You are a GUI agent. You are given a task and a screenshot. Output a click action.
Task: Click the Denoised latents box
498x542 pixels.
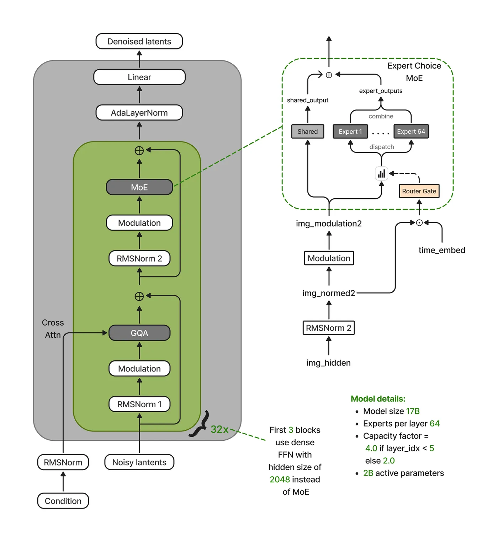click(139, 41)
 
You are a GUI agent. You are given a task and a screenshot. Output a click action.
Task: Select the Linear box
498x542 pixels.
click(139, 77)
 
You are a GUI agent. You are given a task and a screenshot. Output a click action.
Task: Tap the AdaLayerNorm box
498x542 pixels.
click(139, 113)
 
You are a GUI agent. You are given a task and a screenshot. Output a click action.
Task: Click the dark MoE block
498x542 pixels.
click(139, 187)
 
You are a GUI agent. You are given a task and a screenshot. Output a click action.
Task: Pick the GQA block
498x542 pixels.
click(139, 333)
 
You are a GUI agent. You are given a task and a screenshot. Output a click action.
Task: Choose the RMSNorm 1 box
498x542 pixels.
click(139, 404)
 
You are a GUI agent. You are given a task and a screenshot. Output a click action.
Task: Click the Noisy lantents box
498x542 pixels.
click(139, 462)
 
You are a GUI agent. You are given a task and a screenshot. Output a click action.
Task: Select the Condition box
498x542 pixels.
click(63, 501)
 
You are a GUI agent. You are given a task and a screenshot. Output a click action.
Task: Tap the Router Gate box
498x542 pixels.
click(419, 191)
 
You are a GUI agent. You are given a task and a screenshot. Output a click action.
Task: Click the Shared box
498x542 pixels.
click(308, 132)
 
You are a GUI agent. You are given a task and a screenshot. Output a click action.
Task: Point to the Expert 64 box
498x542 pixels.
click(411, 132)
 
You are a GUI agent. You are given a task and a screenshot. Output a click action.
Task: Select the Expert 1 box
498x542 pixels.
click(350, 132)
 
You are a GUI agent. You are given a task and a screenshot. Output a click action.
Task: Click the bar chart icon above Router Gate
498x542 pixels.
click(382, 174)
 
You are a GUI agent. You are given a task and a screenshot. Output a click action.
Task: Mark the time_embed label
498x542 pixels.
click(442, 250)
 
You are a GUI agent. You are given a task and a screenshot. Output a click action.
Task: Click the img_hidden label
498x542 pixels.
click(329, 363)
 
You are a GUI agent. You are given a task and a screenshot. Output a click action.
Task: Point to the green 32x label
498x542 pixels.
click(219, 429)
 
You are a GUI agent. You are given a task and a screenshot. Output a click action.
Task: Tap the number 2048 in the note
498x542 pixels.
click(280, 479)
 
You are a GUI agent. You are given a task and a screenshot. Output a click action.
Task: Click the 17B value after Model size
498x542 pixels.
click(413, 411)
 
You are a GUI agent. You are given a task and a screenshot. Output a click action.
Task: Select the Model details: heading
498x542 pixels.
click(378, 399)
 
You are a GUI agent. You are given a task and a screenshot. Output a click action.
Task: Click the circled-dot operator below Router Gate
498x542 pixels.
click(419, 223)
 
